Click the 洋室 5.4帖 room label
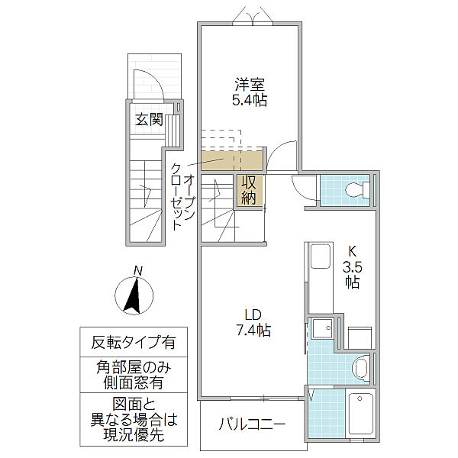point(250,92)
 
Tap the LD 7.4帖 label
point(253,323)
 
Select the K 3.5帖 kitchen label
point(352,266)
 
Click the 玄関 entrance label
point(150,119)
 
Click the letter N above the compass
point(137,270)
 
